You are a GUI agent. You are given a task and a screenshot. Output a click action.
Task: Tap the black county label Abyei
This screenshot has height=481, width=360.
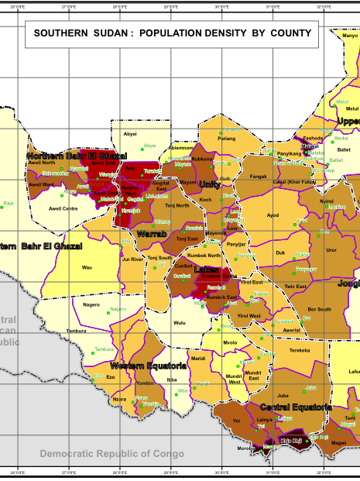130,134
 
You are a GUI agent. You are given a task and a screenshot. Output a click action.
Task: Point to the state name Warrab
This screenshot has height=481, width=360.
152,233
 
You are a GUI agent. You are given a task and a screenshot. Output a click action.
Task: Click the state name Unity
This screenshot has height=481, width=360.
209,184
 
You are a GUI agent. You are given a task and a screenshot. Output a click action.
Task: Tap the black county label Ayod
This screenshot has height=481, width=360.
273,215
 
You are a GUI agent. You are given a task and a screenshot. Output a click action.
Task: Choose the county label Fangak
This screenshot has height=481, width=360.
259,177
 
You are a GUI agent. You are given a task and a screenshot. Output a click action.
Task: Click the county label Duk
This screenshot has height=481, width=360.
280,253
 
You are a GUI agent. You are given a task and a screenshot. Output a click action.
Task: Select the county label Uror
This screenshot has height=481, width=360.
331,250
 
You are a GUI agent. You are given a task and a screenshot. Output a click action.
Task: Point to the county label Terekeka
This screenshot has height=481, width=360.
299,350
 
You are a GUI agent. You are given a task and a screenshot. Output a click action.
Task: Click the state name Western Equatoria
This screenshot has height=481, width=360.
148,365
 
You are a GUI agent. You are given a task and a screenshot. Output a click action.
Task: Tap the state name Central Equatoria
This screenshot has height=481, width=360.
296,407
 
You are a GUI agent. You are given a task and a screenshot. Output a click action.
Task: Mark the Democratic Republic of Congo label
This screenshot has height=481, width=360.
112,453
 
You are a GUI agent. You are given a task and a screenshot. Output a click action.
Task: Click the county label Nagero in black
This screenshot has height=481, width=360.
91,304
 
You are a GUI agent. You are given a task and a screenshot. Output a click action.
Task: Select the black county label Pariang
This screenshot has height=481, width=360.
227,139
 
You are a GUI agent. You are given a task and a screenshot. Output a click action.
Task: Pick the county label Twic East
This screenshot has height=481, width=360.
295,287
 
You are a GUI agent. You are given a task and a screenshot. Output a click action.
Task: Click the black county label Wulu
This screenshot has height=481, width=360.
180,322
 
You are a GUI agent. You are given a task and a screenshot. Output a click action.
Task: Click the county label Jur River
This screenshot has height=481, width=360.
132,259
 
